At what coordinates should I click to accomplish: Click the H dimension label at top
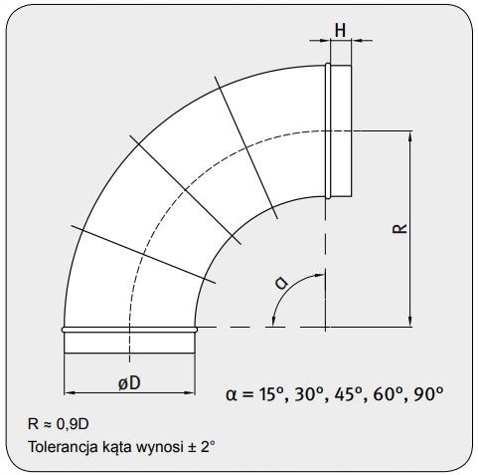(x=340, y=30)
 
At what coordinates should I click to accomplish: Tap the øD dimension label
(x=128, y=382)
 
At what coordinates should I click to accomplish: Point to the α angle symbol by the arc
(x=281, y=284)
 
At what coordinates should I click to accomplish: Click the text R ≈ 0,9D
(x=62, y=423)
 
